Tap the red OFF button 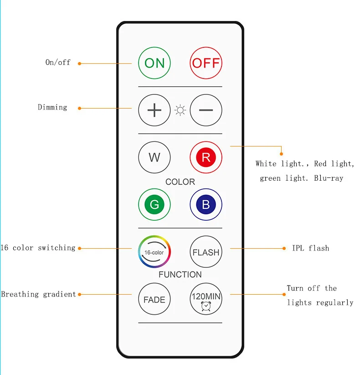tap(206, 63)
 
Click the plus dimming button tap(154, 110)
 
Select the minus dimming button tap(206, 110)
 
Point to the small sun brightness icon tap(180, 110)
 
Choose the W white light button tap(154, 157)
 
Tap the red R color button tap(206, 157)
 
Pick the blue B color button tap(206, 205)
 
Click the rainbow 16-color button tap(154, 252)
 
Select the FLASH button tap(206, 252)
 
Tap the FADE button tap(154, 299)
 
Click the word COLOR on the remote tap(180, 182)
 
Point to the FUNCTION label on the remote tap(180, 275)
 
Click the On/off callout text tap(58, 62)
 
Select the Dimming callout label tap(52, 108)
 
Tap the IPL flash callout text tap(310, 248)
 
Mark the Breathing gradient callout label tap(38, 294)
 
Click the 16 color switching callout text tap(38, 248)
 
